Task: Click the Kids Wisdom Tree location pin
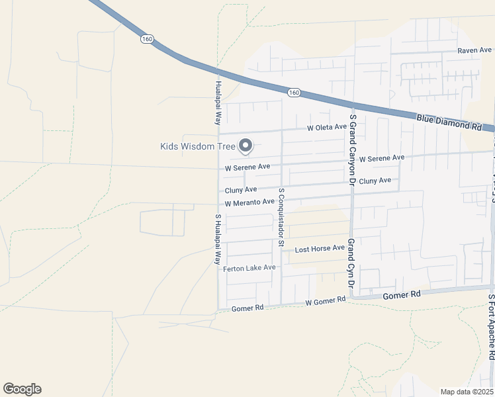coord(246,145)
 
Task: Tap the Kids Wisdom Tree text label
coord(198,146)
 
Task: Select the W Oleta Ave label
coord(326,127)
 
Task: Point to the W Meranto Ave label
coord(249,202)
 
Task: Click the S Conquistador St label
coord(281,218)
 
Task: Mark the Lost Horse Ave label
coord(320,249)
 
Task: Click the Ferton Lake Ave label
coord(249,268)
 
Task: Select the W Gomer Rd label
coord(325,301)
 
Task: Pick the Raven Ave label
coord(474,50)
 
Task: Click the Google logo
coord(22,389)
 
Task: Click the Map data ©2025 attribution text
coord(467,392)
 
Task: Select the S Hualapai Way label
coord(217,239)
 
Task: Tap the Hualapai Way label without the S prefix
coord(217,103)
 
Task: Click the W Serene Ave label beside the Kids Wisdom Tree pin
coord(247,168)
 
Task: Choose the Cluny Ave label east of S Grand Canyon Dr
coord(375,181)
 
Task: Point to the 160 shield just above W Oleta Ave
coord(294,93)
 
